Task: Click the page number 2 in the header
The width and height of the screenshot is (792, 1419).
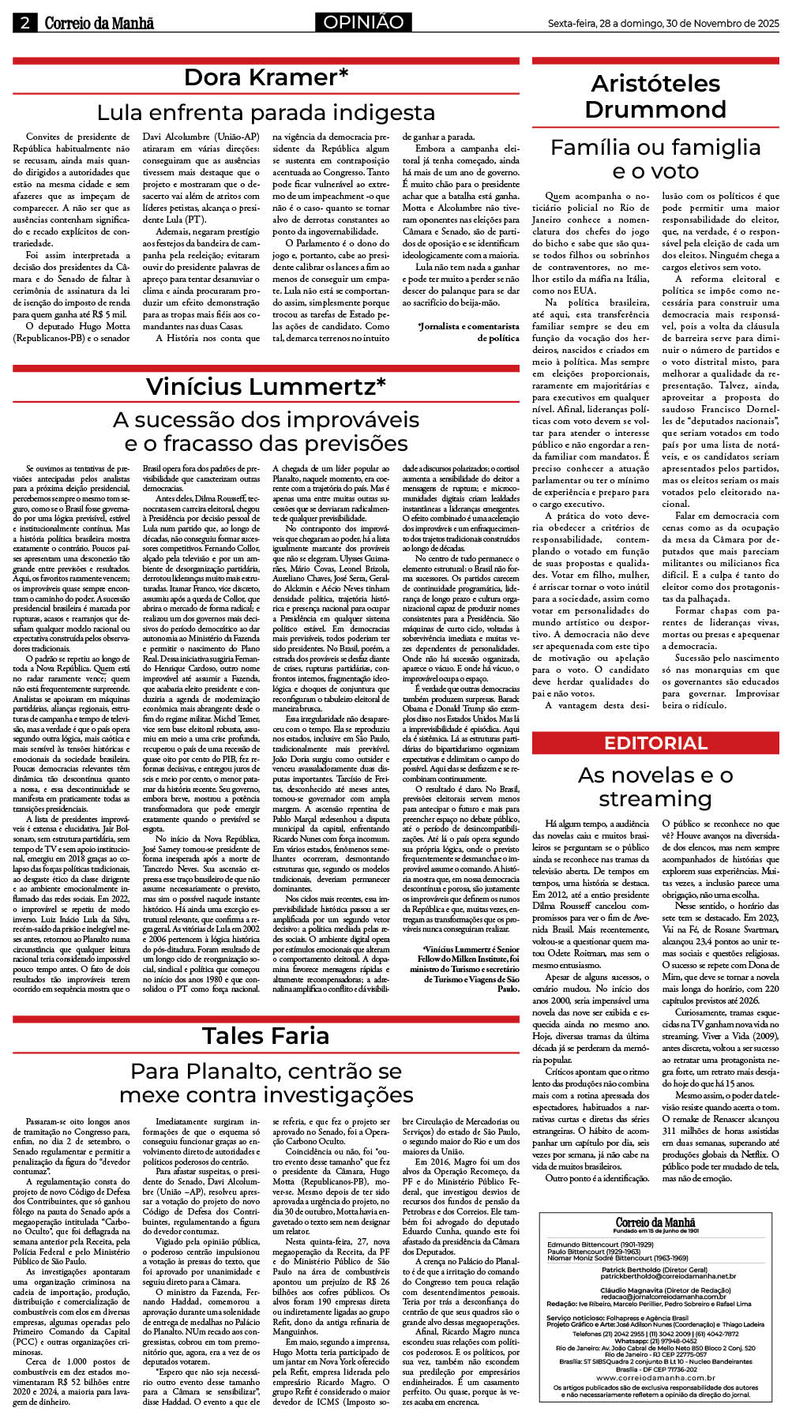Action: click(24, 23)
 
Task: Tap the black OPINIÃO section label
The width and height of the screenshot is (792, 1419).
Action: click(362, 22)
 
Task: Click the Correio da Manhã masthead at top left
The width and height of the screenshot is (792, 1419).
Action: click(99, 24)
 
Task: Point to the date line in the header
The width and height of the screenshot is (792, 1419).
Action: click(663, 24)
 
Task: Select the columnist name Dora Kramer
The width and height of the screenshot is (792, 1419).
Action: click(266, 77)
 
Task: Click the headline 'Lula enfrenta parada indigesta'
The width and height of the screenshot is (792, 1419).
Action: click(266, 111)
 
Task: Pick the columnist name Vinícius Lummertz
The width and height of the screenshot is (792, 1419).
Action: click(266, 386)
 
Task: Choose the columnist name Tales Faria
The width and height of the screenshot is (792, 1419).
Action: click(266, 1035)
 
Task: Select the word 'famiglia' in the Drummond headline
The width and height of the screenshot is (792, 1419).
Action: click(710, 147)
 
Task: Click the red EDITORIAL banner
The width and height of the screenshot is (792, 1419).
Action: click(655, 743)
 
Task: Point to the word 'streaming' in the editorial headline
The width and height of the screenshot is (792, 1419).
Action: click(655, 799)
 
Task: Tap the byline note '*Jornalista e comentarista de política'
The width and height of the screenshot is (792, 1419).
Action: click(468, 332)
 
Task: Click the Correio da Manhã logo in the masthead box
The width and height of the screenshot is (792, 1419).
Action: click(656, 1222)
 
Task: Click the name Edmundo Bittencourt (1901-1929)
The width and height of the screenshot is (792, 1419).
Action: click(596, 1245)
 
